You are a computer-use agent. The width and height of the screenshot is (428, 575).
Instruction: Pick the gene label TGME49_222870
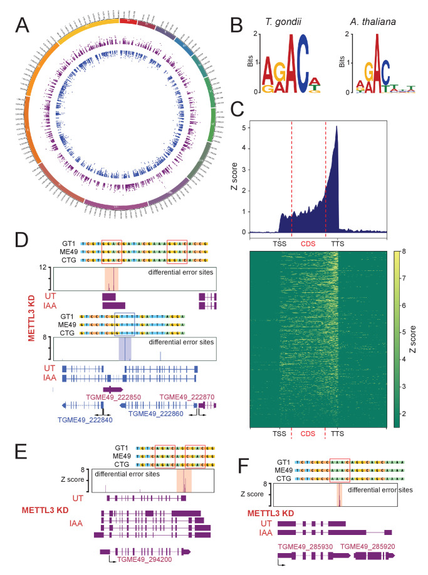pyautogui.click(x=185, y=397)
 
